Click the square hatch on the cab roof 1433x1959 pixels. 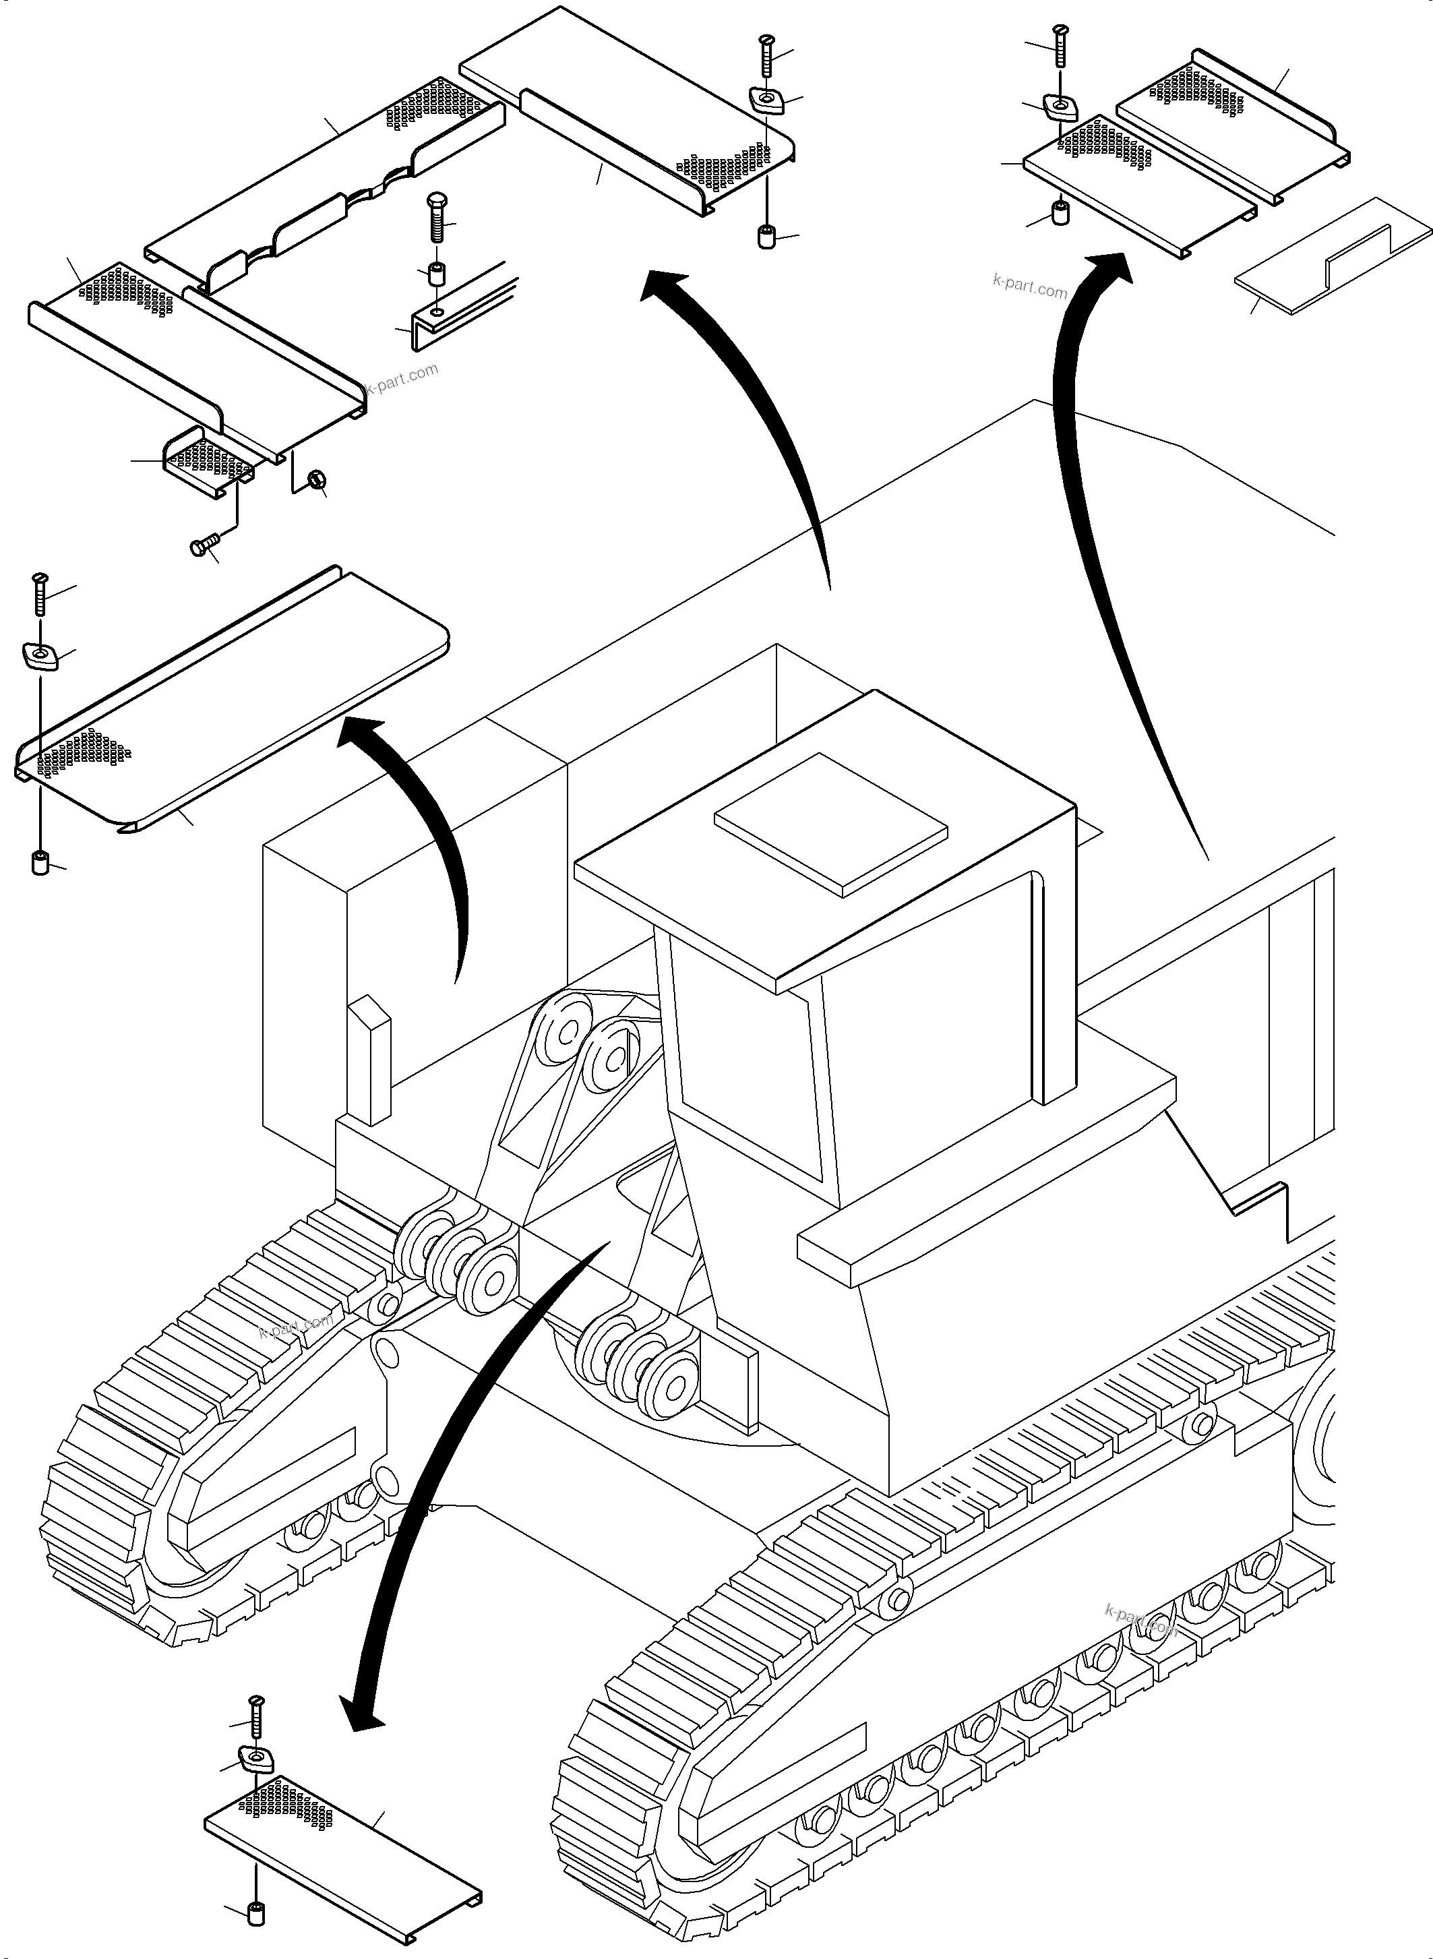coord(830,822)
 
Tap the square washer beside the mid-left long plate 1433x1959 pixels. coord(39,656)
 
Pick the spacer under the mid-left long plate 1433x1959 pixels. coord(39,864)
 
